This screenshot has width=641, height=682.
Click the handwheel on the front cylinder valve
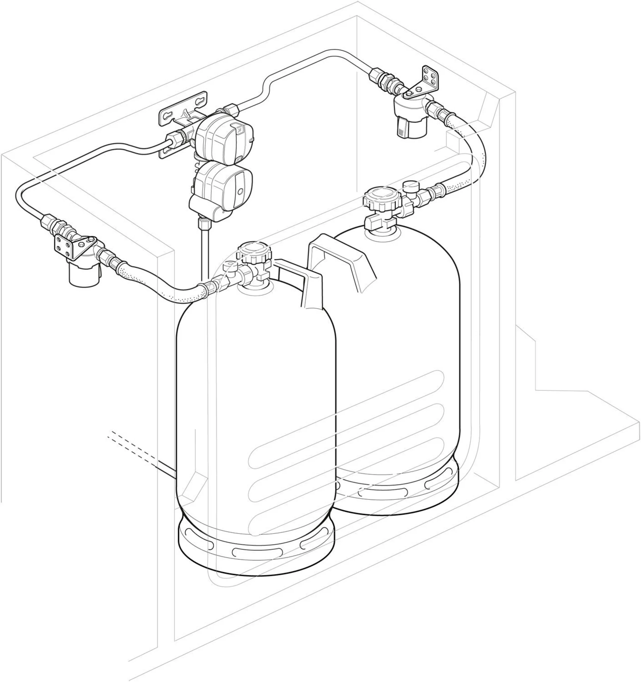coord(254,252)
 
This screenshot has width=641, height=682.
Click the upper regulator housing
coord(225,135)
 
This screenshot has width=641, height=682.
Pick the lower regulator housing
coord(223,185)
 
